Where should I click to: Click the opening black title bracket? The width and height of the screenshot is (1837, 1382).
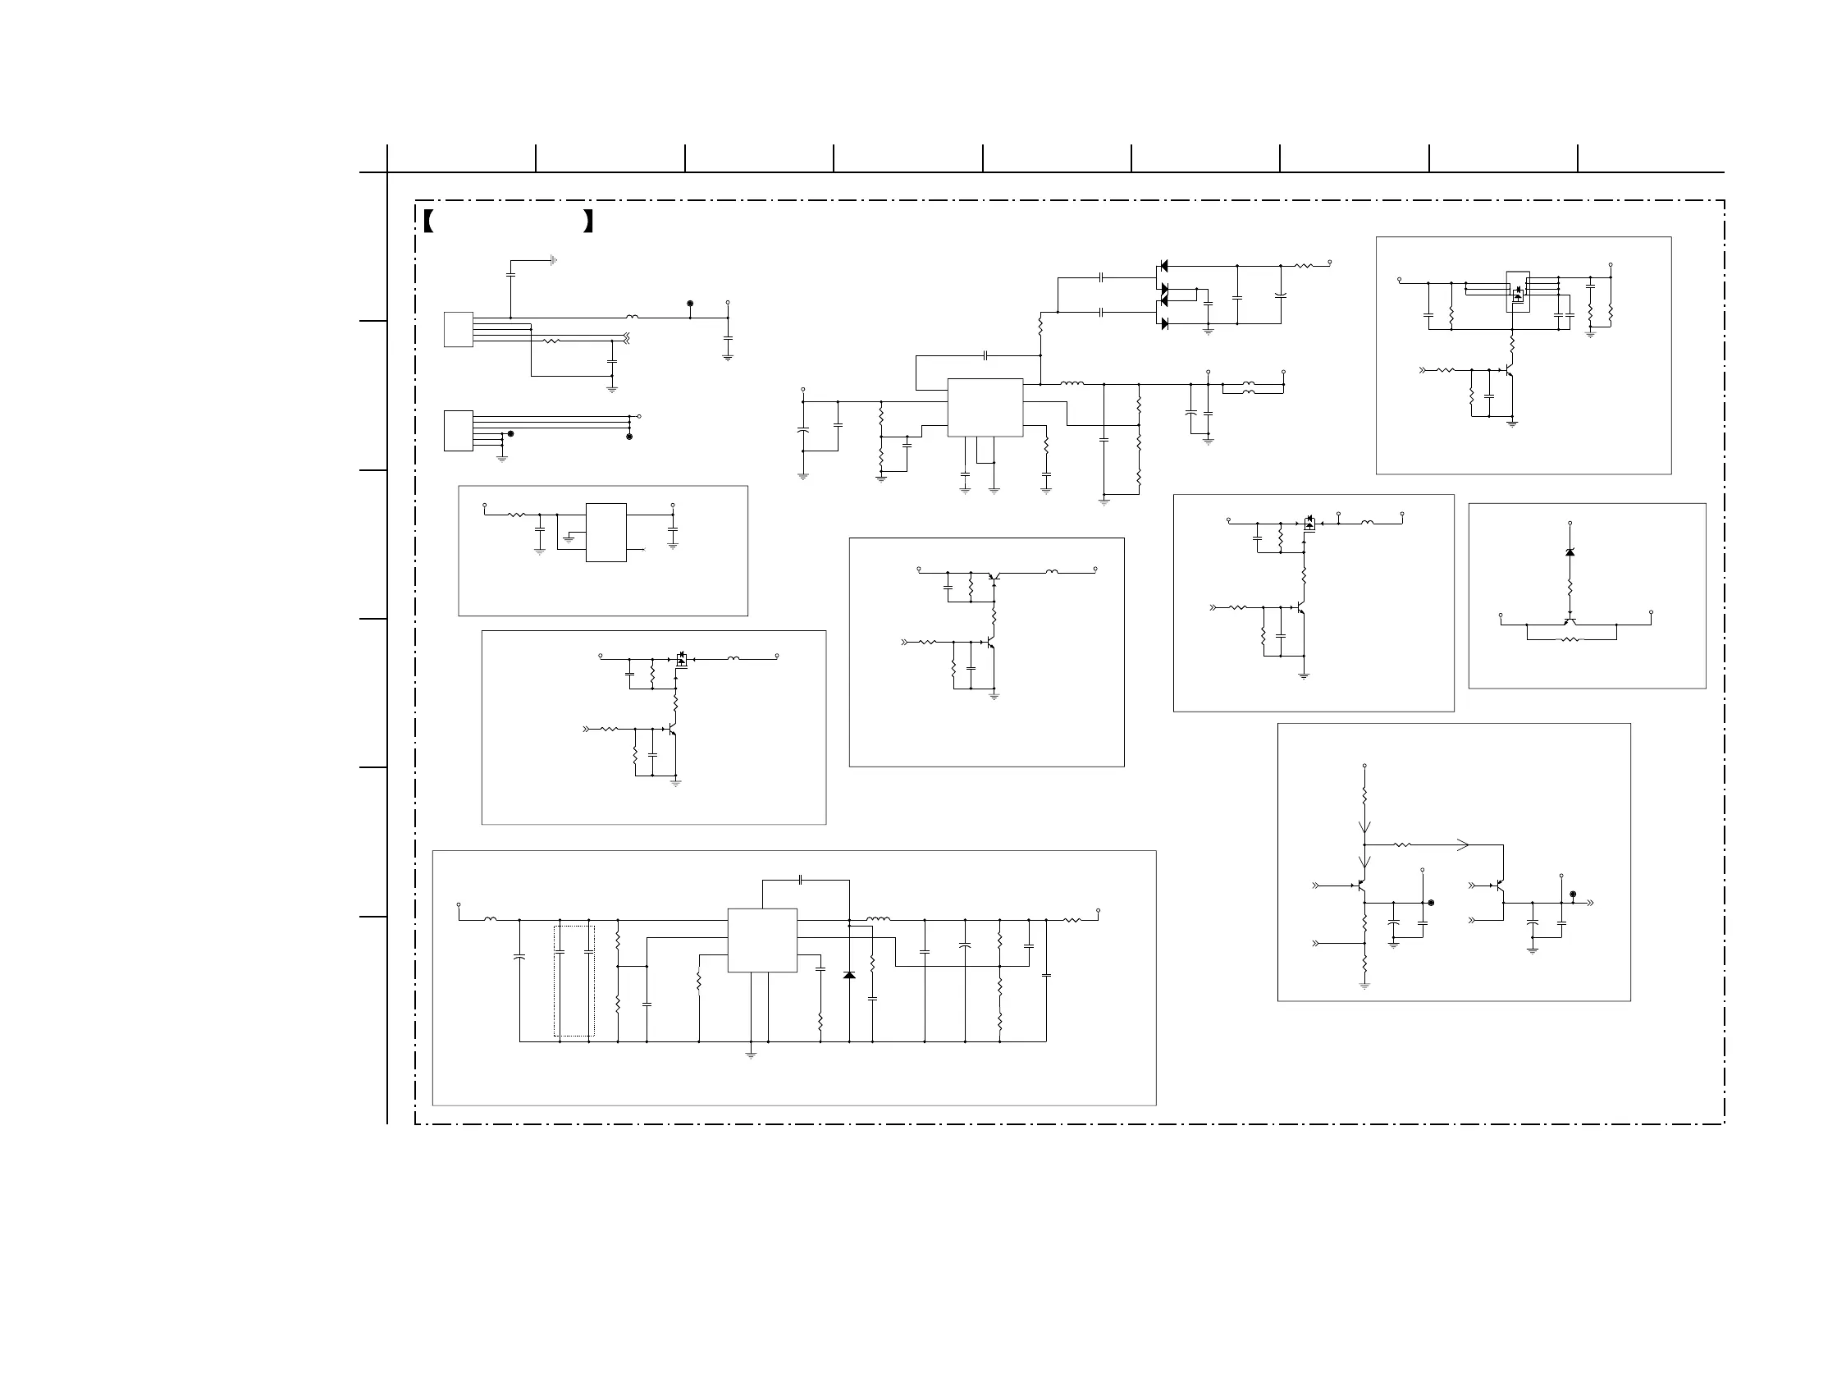click(x=428, y=221)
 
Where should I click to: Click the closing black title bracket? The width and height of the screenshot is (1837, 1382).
click(x=588, y=221)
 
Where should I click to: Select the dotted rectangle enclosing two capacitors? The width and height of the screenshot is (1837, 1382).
click(x=573, y=981)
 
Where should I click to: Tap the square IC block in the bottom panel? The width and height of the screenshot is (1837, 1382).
click(x=761, y=940)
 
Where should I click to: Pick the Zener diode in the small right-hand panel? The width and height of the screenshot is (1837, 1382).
click(x=1570, y=552)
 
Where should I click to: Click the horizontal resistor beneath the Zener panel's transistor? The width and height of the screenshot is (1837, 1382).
click(x=1570, y=639)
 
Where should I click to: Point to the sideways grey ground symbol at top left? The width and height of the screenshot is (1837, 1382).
click(x=553, y=260)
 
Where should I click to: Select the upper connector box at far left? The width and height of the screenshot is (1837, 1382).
click(x=459, y=330)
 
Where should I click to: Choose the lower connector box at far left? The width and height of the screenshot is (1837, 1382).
click(x=459, y=431)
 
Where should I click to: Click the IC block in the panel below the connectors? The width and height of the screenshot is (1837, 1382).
click(x=606, y=533)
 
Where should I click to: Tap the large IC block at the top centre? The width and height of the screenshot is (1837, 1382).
click(x=985, y=407)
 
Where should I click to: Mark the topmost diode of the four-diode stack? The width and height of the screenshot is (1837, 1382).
click(x=1163, y=266)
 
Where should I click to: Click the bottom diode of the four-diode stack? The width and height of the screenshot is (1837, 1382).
click(x=1163, y=323)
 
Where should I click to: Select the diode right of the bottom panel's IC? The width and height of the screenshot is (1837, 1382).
click(x=848, y=975)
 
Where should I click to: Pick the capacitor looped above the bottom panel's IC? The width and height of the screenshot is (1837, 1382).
click(x=800, y=880)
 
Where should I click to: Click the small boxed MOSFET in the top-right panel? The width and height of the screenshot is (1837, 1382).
click(x=1518, y=292)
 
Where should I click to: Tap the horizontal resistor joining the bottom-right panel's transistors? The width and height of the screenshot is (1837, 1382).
click(x=1403, y=845)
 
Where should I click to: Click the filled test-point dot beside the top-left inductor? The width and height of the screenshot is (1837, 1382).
click(x=690, y=304)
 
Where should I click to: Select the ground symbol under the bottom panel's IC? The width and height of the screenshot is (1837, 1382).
click(x=751, y=1055)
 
